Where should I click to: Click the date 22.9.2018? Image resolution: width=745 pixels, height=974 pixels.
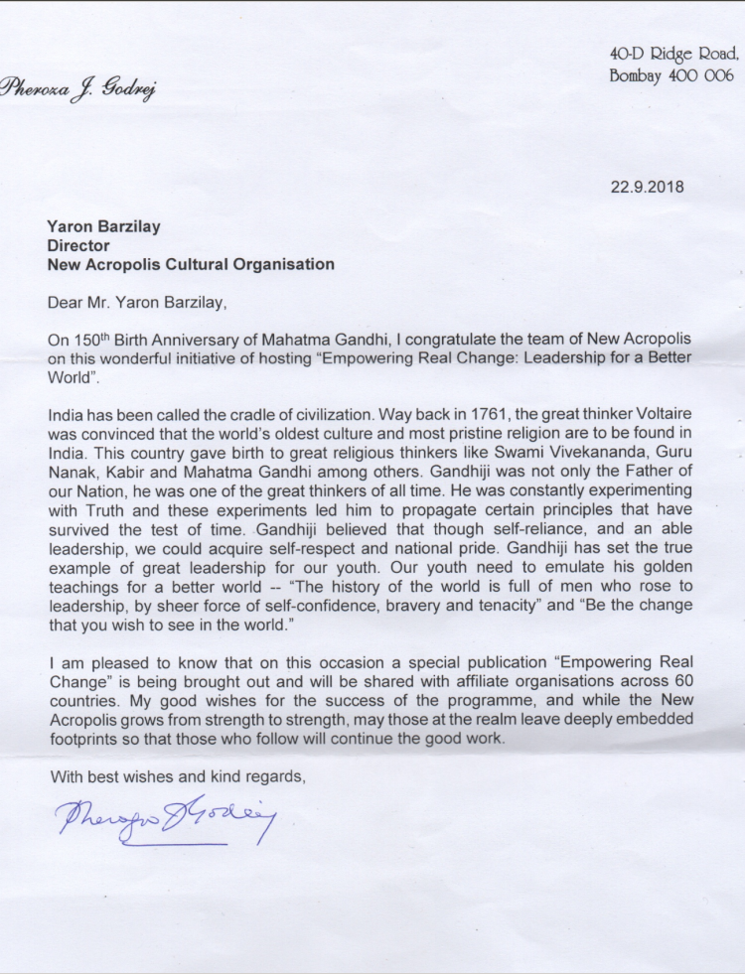click(x=648, y=186)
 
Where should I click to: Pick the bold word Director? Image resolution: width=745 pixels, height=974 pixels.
click(x=78, y=245)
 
